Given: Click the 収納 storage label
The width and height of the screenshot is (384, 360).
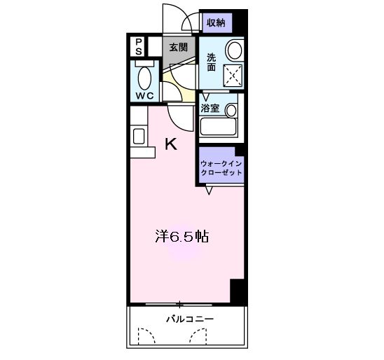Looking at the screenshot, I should pos(215,22).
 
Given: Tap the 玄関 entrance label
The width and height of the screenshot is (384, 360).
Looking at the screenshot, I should pos(178,48).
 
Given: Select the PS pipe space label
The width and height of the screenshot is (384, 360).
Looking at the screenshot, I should pos(139,47).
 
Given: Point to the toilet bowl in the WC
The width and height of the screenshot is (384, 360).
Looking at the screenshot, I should pos(146,78).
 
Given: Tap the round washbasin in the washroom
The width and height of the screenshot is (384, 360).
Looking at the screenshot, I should pos(235,50).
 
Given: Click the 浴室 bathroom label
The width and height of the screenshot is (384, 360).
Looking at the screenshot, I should pos(210,109).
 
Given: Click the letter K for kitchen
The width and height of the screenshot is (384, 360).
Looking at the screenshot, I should pos(170,144).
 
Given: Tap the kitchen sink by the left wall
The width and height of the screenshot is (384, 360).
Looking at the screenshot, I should pos(138,136).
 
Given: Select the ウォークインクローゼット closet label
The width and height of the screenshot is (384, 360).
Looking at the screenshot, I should pos(221,167).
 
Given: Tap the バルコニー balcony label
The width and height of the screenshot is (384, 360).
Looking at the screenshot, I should pos(189,319).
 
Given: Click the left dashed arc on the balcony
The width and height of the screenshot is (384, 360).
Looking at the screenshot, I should pos(145,338).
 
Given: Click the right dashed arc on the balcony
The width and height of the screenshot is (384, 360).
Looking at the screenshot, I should pos(198,338).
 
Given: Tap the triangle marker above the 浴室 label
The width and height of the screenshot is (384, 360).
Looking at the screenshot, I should pos(207,97).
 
